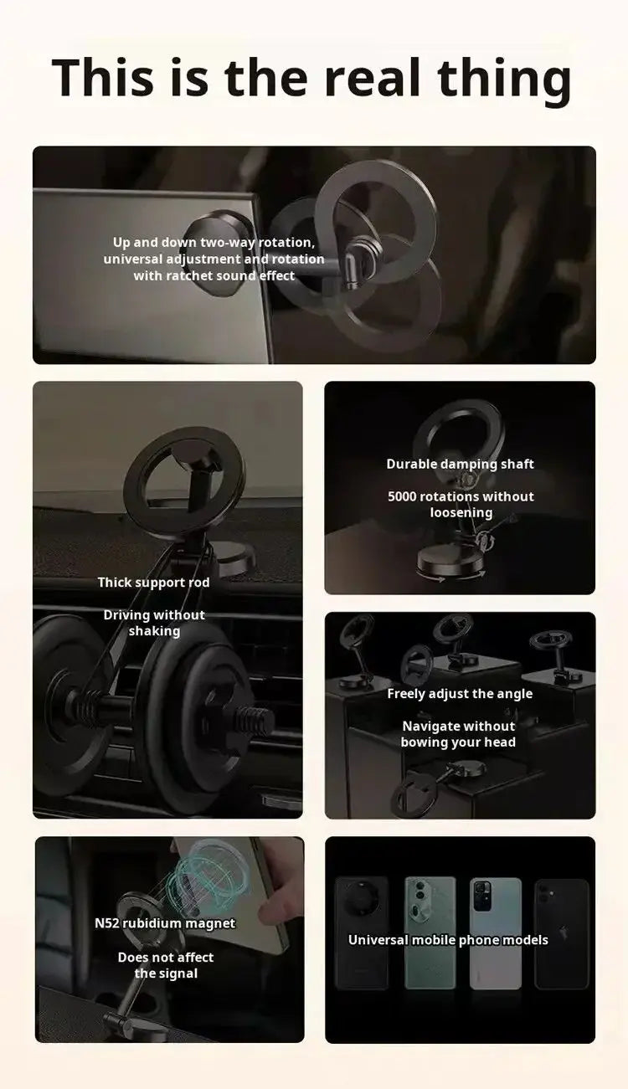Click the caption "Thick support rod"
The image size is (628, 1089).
pos(153,583)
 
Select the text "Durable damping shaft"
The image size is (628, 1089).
pos(460,465)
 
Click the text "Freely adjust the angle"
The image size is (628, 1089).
pos(460,694)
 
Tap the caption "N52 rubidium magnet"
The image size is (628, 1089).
pos(165,924)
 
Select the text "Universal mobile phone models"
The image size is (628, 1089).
pos(448,940)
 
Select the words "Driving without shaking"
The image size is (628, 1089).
pos(154,624)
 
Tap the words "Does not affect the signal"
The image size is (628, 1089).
pos(166,966)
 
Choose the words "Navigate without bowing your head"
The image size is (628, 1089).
pos(458,735)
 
